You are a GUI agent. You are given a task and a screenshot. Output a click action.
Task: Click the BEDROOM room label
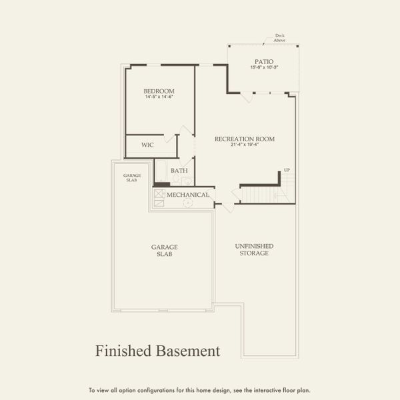pyautogui.click(x=159, y=91)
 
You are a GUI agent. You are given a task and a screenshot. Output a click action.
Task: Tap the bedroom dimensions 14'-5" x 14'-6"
pyautogui.click(x=159, y=97)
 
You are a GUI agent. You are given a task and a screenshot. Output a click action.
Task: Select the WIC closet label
pyautogui.click(x=148, y=145)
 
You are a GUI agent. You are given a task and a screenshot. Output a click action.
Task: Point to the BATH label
pyautogui.click(x=179, y=171)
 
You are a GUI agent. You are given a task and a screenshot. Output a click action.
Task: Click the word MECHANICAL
pyautogui.click(x=188, y=195)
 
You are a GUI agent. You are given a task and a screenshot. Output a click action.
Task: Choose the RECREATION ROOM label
pyautogui.click(x=244, y=139)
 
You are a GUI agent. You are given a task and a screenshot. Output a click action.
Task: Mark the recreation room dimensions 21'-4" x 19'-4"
pyautogui.click(x=244, y=145)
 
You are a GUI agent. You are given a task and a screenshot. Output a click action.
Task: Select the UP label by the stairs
pyautogui.click(x=287, y=170)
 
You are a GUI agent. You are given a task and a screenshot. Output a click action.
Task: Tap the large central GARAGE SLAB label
pyautogui.click(x=164, y=250)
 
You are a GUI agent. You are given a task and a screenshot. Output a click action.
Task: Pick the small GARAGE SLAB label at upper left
pyautogui.click(x=131, y=178)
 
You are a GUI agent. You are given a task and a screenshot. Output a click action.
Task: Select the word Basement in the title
pyautogui.click(x=186, y=350)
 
